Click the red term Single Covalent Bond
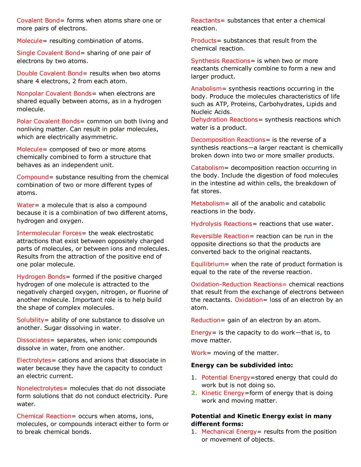48,53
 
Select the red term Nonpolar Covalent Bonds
54,94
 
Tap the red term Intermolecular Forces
49,233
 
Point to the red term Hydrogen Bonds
41,277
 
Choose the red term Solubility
30,320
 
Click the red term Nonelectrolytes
40,388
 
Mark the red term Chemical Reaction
44,417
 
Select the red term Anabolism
206,89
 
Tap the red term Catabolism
207,168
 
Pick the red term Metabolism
208,204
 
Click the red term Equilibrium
208,264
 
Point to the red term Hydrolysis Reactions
221,224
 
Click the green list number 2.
194,393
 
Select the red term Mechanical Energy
229,432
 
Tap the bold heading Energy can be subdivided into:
242,365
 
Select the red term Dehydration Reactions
224,120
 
